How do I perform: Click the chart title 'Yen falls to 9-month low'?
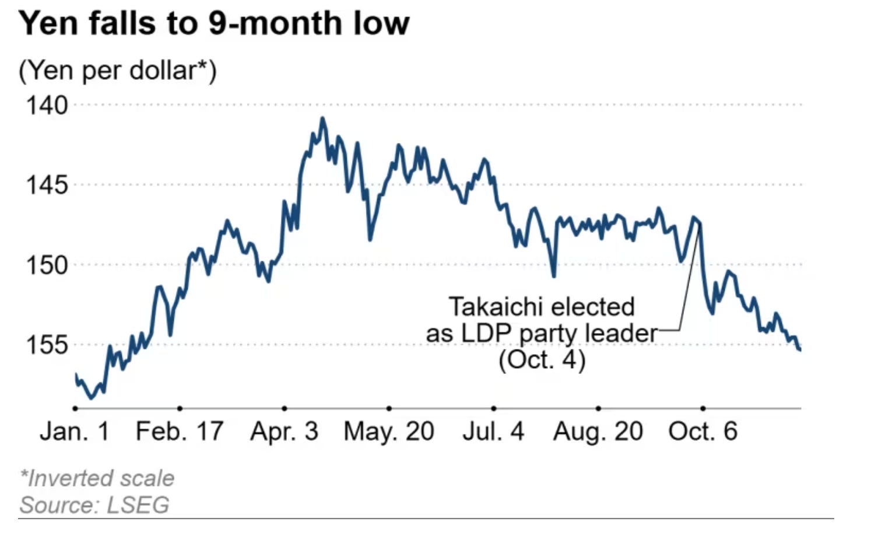[x=213, y=23]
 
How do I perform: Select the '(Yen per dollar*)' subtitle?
[x=117, y=71]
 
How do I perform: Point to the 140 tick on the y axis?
[x=47, y=106]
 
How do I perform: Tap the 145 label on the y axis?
[x=47, y=185]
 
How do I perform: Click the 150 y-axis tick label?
[x=47, y=265]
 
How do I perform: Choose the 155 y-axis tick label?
[x=47, y=345]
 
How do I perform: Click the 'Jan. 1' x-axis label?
[x=75, y=432]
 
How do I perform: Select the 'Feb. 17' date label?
[x=180, y=432]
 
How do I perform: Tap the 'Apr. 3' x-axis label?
[x=285, y=432]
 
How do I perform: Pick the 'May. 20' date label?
[x=389, y=432]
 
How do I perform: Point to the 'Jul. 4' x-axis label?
[x=493, y=432]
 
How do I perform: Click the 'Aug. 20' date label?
[x=598, y=432]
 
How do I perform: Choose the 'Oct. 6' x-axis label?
[x=703, y=432]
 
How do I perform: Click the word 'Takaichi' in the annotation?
[x=495, y=307]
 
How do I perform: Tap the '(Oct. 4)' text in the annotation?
[x=542, y=359]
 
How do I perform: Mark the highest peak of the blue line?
[x=322, y=118]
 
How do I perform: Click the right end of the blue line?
[x=799, y=349]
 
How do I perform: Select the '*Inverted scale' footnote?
[x=97, y=478]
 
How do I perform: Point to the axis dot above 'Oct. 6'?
[x=703, y=408]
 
